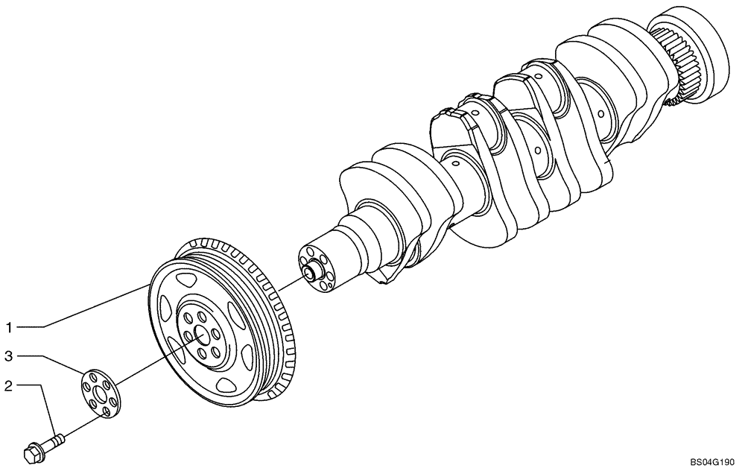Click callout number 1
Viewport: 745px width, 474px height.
click(10, 326)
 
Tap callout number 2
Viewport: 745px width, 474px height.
click(8, 385)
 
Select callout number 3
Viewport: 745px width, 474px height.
click(10, 356)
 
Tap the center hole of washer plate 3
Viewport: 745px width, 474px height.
click(98, 392)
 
